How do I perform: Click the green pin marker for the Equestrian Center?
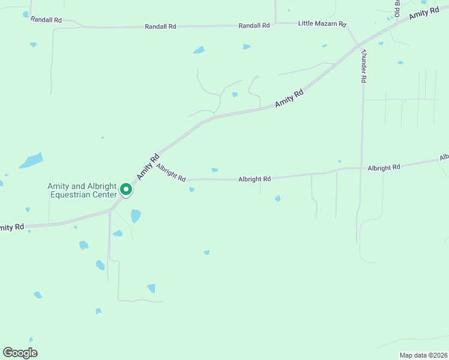(126, 190)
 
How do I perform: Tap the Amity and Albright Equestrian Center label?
(82, 190)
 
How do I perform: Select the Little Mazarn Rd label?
(323, 24)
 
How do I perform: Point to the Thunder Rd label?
(363, 67)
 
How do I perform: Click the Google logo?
(20, 353)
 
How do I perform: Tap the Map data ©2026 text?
(422, 355)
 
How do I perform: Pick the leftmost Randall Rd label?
(46, 20)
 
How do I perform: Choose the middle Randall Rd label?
(160, 26)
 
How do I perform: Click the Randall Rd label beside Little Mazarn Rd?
(255, 26)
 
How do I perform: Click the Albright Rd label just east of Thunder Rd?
(384, 167)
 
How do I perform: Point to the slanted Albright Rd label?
(171, 172)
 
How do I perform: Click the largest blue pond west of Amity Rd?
(31, 161)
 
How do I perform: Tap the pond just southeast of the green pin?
(136, 215)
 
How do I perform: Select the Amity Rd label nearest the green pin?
(147, 167)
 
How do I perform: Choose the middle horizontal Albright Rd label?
(255, 179)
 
